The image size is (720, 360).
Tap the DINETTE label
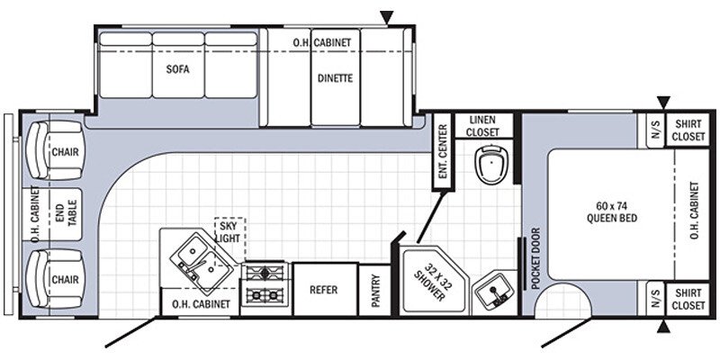click(x=335, y=77)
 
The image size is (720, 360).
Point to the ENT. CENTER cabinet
click(x=442, y=153)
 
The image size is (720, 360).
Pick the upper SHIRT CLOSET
click(x=688, y=130)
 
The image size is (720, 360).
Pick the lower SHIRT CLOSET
click(x=688, y=299)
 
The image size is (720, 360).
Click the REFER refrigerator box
click(x=323, y=290)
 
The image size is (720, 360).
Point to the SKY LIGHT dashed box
click(x=229, y=233)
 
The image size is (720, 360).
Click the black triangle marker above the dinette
click(x=388, y=16)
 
